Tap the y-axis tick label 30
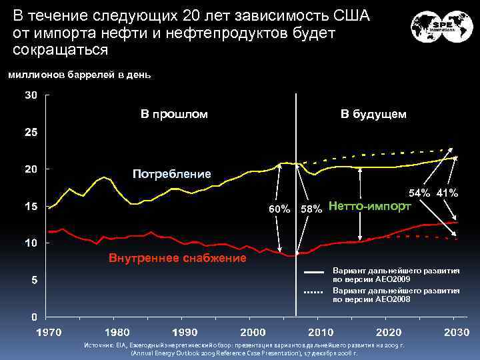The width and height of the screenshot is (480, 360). point(31,95)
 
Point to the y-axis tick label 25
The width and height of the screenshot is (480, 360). point(31,133)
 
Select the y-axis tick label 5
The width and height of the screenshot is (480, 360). point(34,280)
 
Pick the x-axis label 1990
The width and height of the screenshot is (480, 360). point(184,331)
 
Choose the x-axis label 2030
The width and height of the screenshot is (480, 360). point(455,331)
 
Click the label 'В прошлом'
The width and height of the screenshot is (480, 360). point(174,114)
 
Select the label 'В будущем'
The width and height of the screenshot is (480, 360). point(373,114)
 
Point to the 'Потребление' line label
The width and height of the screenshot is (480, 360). point(171,174)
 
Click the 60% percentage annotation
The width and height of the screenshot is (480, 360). point(279,209)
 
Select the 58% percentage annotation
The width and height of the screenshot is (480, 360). point(311,209)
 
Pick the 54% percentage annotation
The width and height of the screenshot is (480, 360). point(419,193)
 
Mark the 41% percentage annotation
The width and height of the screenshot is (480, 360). point(447,193)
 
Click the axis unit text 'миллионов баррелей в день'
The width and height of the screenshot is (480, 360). point(79,75)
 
